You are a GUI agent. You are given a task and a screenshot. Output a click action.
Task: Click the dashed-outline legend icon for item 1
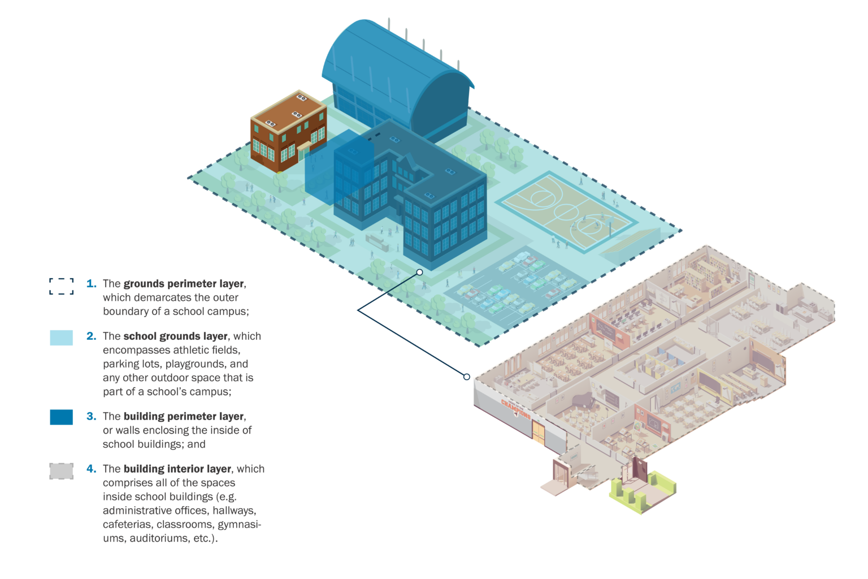pos(61,286)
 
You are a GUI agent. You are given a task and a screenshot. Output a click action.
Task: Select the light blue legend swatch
pos(61,338)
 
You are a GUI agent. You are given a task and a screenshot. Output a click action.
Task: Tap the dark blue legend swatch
pos(61,417)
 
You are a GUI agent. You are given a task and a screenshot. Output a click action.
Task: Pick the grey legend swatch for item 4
pos(61,471)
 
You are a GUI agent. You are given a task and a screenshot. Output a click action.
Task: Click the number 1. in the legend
pos(92,284)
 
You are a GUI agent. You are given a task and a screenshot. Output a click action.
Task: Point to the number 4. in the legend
pos(92,469)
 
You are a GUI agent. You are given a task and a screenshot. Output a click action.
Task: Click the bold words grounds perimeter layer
pos(184,284)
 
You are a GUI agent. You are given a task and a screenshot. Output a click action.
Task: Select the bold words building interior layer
pos(177,469)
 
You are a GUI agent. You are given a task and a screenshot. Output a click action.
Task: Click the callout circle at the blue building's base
pos(420,272)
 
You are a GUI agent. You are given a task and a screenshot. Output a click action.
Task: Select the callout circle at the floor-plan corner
pos(467,377)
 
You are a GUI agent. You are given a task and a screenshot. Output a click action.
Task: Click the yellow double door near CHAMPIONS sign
pos(538,433)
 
